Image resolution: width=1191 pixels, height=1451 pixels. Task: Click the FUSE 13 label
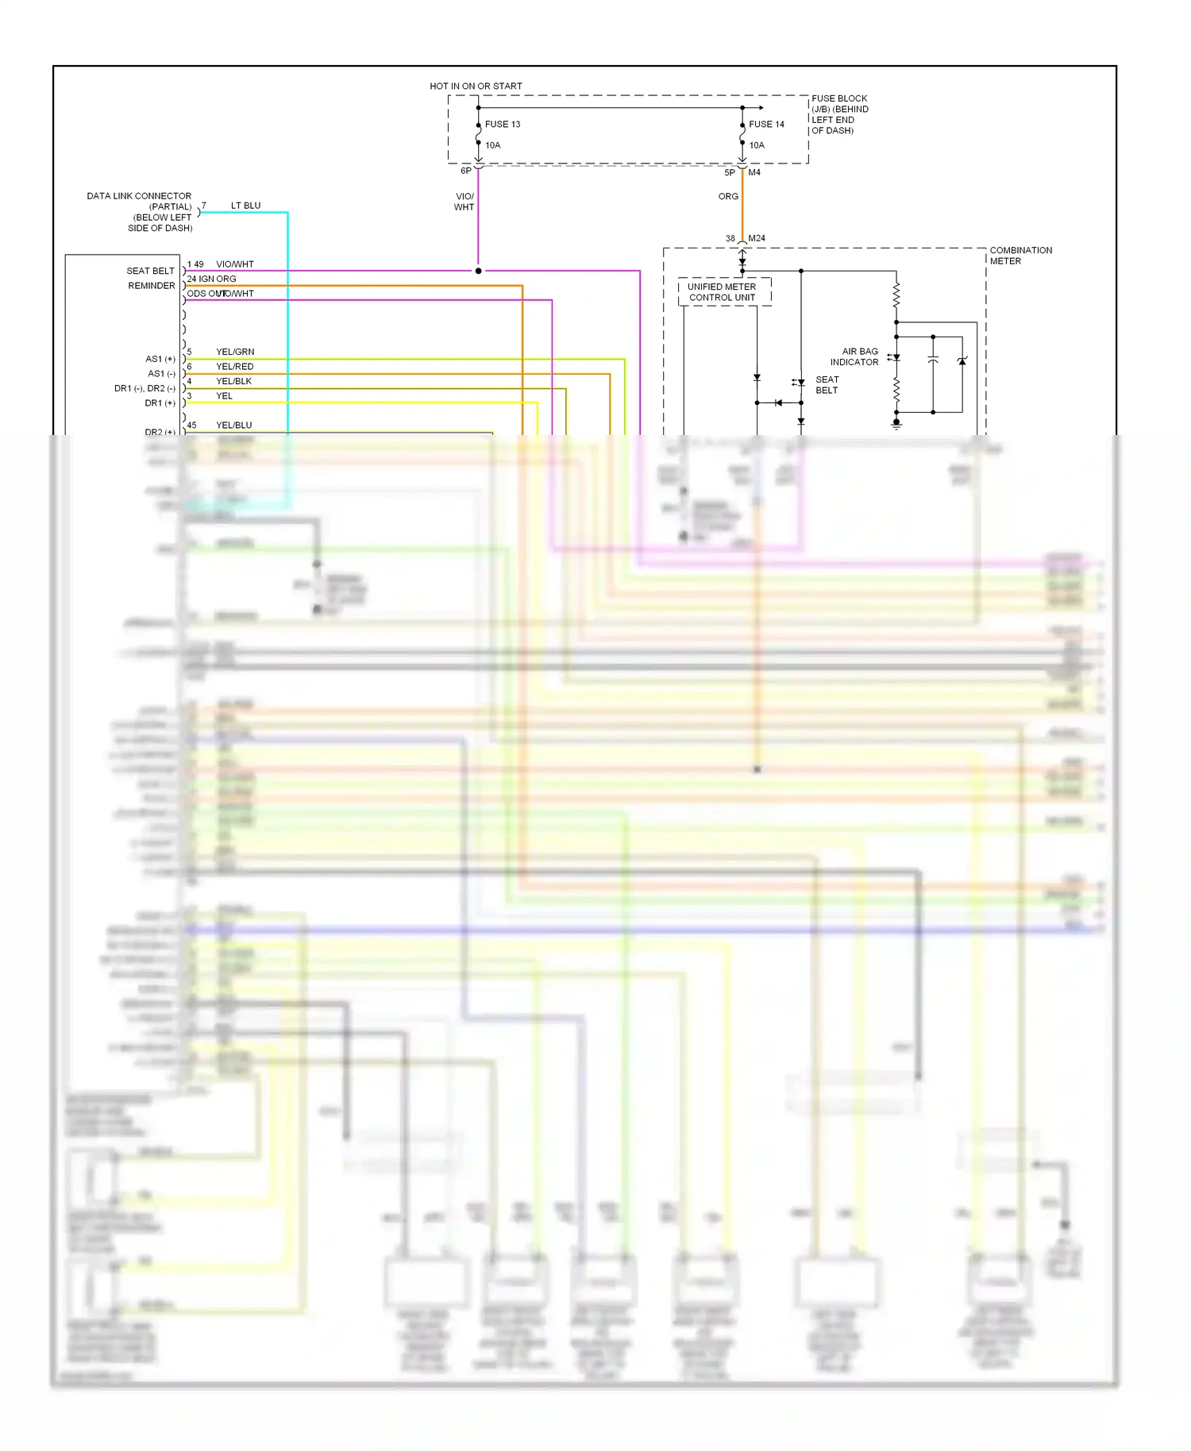coord(502,125)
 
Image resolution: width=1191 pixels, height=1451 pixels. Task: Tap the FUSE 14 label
coord(765,125)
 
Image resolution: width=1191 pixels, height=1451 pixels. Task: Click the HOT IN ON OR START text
coord(476,86)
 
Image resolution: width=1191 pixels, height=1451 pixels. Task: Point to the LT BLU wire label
coord(245,206)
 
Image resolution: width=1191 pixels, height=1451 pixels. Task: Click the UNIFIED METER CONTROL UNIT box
coord(723,292)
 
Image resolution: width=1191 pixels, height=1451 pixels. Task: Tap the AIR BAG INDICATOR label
coord(856,356)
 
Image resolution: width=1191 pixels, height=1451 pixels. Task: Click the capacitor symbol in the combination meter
coord(933,361)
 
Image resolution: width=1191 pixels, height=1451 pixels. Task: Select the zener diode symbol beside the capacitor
coord(962,361)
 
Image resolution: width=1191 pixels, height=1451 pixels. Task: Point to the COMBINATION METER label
coord(1019,255)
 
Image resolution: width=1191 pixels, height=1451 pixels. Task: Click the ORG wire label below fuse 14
coord(728,196)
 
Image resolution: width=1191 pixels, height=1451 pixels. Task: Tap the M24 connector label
coord(757,238)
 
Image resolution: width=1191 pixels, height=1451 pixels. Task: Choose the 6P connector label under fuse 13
coord(466,171)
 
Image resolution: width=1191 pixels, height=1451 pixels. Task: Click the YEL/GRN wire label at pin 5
coord(235,352)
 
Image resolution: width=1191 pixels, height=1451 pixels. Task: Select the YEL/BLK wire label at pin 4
coord(233,381)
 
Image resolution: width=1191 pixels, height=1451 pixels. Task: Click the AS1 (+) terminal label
coord(160,359)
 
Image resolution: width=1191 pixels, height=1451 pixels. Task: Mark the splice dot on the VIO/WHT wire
coord(478,271)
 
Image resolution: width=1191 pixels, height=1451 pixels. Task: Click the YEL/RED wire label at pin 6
coord(234,367)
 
